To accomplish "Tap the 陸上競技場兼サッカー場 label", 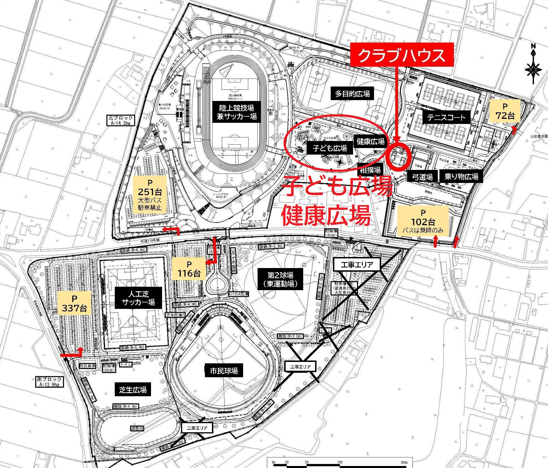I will click(237, 112).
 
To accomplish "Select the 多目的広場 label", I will click(352, 94).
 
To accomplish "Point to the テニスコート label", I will click(446, 117).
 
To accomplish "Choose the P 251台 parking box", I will click(150, 195).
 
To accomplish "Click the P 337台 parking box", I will click(74, 303).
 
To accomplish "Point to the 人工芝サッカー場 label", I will click(138, 298).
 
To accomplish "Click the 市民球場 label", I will click(224, 371).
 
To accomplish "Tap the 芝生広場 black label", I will click(133, 389).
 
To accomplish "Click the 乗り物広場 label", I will click(461, 177).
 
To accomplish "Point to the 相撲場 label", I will click(370, 170).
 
